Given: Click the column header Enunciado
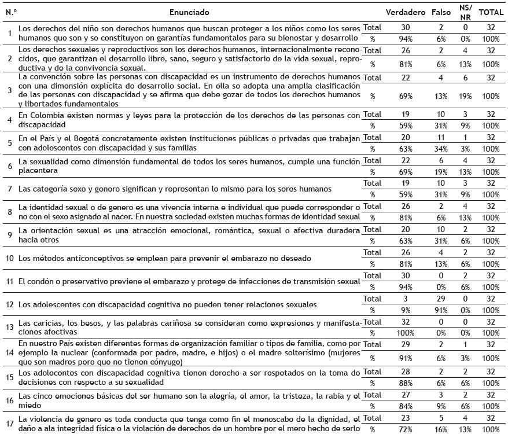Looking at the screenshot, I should click(189, 12).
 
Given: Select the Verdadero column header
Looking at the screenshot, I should click(406, 12).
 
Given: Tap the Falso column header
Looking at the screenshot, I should click(441, 12).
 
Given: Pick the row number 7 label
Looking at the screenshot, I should click(9, 189).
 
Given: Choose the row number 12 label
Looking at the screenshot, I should click(9, 304).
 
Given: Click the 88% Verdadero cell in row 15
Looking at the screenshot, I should click(406, 382).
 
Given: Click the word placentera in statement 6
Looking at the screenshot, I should click(39, 171).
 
